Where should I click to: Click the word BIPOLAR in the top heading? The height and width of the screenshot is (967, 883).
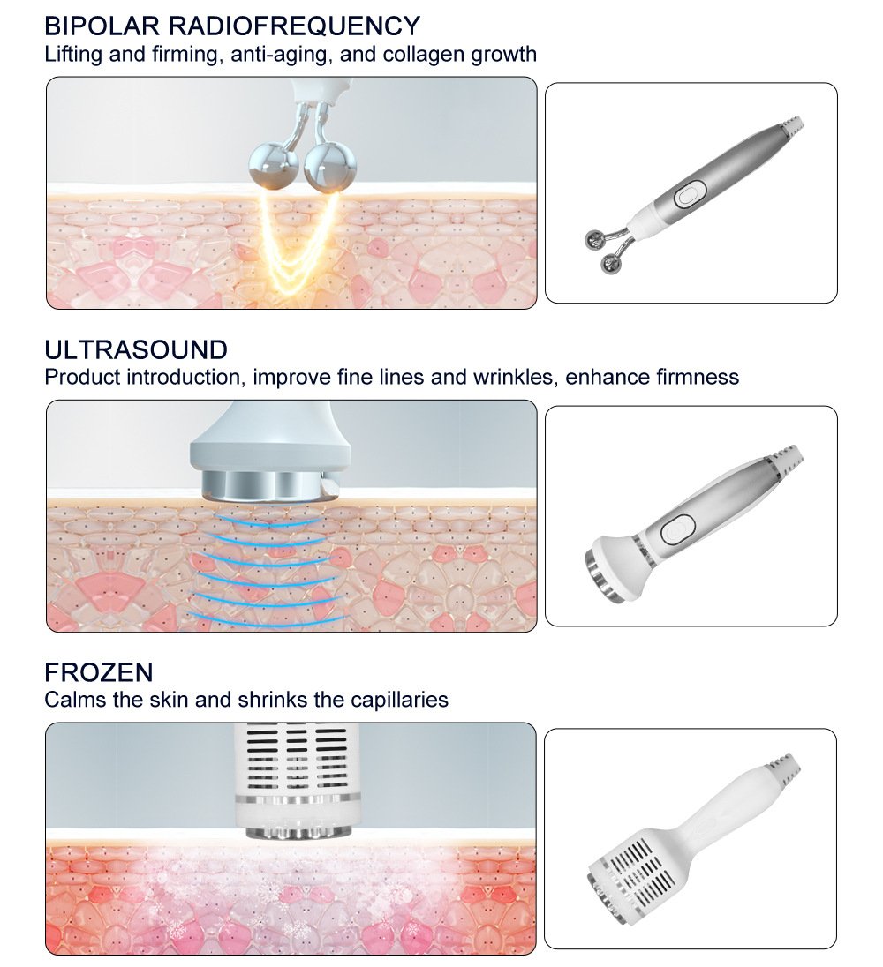(102, 26)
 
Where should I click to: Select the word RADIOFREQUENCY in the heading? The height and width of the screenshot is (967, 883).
(294, 26)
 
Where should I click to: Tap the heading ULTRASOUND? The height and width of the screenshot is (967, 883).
(136, 349)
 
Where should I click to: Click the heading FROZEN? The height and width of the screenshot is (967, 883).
(99, 672)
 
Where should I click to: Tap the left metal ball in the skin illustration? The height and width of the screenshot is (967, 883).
(274, 163)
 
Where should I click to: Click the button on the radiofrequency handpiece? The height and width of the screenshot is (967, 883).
(690, 194)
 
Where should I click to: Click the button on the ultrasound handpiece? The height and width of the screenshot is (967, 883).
(677, 529)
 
